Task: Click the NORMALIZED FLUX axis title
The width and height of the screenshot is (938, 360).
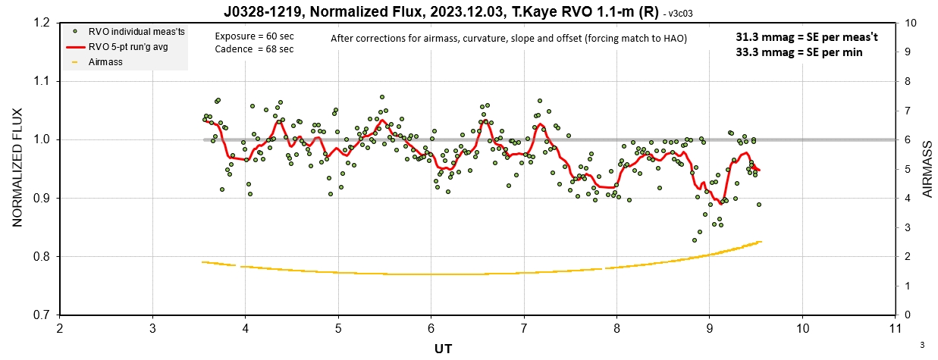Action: pyautogui.click(x=17, y=167)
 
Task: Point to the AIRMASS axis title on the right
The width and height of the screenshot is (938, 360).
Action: pyautogui.click(x=927, y=169)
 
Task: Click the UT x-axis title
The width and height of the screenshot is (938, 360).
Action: pyautogui.click(x=443, y=349)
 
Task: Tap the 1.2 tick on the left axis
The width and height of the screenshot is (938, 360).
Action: pyautogui.click(x=43, y=23)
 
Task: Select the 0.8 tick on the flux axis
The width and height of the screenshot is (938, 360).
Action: pyautogui.click(x=43, y=256)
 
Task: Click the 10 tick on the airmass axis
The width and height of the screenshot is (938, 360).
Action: pyautogui.click(x=911, y=23)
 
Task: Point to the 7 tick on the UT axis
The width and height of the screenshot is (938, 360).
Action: pyautogui.click(x=524, y=328)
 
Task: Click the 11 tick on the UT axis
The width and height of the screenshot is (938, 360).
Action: pyautogui.click(x=895, y=328)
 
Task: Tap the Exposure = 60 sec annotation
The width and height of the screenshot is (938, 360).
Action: pyautogui.click(x=254, y=36)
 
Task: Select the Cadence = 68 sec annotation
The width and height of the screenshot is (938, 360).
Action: pyautogui.click(x=254, y=49)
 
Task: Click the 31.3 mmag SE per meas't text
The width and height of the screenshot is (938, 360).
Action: pyautogui.click(x=807, y=37)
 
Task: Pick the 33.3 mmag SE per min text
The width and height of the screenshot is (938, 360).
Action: pyautogui.click(x=799, y=52)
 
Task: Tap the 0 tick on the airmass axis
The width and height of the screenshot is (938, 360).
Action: pyautogui.click(x=908, y=315)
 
